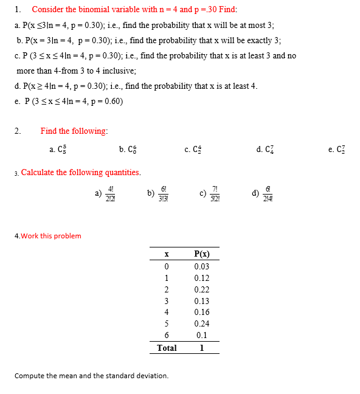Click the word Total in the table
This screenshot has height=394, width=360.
click(167, 348)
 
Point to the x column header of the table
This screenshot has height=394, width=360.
click(165, 254)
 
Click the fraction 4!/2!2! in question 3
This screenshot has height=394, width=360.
click(110, 195)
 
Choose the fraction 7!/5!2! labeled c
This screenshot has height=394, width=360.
click(215, 195)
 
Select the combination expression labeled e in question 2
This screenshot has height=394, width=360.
click(337, 149)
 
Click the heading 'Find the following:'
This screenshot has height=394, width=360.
click(74, 131)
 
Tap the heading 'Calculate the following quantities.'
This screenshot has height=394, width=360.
click(81, 172)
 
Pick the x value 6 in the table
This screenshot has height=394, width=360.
click(165, 336)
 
